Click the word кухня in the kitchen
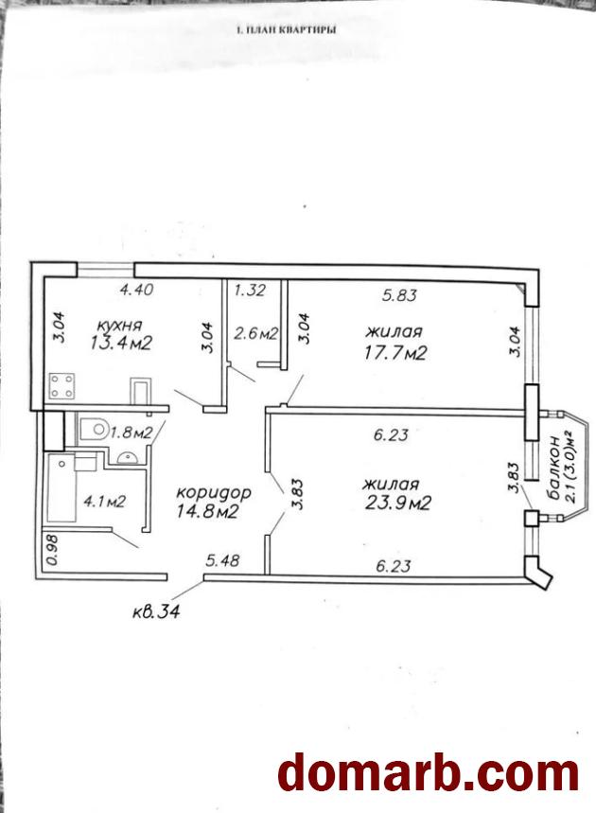tap(119, 326)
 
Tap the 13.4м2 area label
tap(121, 343)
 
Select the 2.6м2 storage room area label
tap(256, 333)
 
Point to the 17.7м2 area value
tap(395, 353)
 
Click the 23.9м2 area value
tap(397, 503)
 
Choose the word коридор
tap(214, 493)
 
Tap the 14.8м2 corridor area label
tap(207, 512)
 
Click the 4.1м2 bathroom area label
tap(105, 502)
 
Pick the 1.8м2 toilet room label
tap(131, 433)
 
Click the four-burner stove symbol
tap(61, 386)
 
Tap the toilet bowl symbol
tap(94, 429)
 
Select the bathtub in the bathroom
tap(61, 488)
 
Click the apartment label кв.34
tap(156, 612)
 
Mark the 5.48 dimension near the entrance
tap(222, 560)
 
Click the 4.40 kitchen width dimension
tap(136, 289)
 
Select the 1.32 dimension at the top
tap(250, 290)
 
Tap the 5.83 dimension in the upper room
tap(399, 295)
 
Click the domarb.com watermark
tap(429, 774)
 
